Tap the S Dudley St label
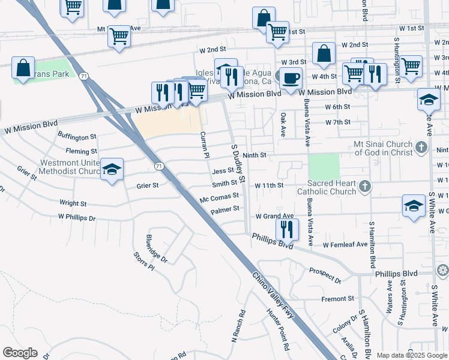pyautogui.click(x=239, y=163)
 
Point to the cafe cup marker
pyautogui.click(x=291, y=79)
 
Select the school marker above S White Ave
pyautogui.click(x=429, y=100)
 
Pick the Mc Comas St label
pyautogui.click(x=219, y=196)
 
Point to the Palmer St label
pyautogui.click(x=225, y=209)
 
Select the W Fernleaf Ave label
pyautogui.click(x=345, y=245)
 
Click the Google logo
pyautogui.click(x=20, y=353)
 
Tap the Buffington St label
pyautogui.click(x=77, y=137)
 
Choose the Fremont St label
pyautogui.click(x=338, y=299)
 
